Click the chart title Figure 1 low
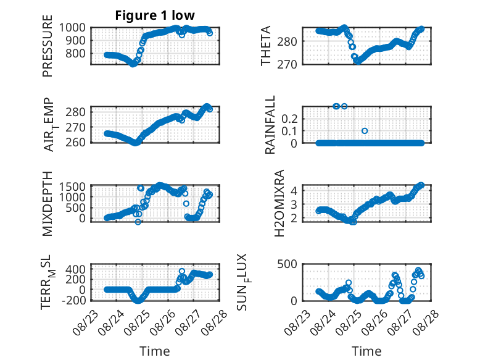(155, 15)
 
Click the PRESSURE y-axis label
(48, 46)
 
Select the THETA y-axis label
(266, 46)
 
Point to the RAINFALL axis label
(270, 125)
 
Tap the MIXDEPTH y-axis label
(48, 204)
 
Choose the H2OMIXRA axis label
(279, 203)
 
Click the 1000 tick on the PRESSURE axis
(72, 28)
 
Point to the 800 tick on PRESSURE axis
(76, 54)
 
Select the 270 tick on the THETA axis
(287, 65)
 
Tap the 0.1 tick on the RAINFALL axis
(289, 131)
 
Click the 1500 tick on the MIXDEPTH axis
(72, 186)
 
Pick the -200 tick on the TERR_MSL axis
(74, 300)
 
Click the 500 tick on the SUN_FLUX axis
(287, 264)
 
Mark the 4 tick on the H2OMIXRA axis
(294, 191)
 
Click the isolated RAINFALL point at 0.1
(365, 131)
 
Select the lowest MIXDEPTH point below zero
(138, 222)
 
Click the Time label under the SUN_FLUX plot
(366, 351)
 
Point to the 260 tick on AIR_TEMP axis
(76, 143)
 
